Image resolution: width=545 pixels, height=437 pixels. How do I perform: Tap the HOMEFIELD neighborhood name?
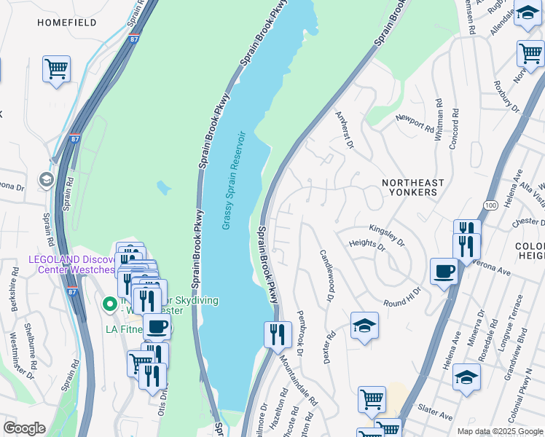67,23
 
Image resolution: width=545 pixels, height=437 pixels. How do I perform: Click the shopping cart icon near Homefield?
56,69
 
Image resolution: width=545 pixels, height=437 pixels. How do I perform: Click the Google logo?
23,428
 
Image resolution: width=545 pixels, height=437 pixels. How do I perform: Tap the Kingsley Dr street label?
386,232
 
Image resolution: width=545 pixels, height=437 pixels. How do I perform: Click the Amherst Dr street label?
344,130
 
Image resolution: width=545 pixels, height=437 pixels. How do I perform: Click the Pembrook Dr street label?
301,329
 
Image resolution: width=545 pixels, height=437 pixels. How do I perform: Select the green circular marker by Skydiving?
109,303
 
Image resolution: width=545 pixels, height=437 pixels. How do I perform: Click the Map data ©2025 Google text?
499,431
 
